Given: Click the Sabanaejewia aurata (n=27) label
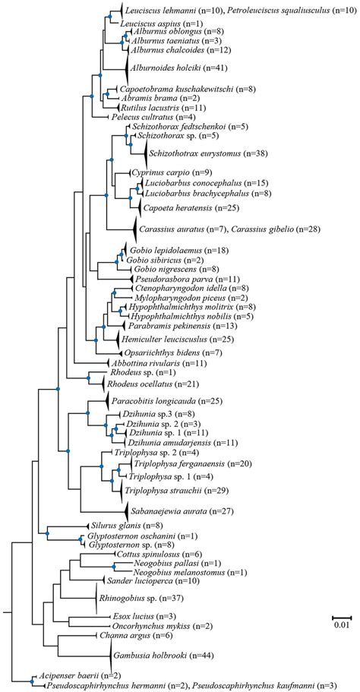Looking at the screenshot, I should click(175, 513).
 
